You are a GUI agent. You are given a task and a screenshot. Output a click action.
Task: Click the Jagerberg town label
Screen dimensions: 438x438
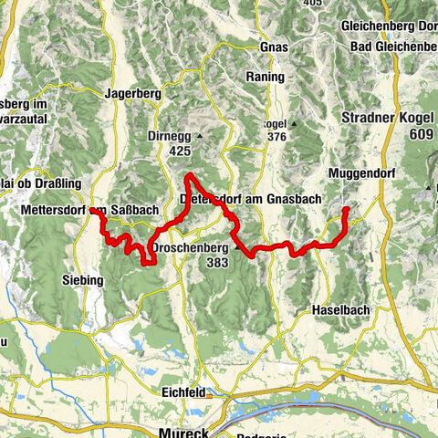(x=133, y=92)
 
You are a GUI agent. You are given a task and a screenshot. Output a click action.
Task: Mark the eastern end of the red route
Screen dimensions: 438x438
(x=346, y=210)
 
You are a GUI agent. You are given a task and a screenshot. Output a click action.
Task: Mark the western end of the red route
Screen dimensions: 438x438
(x=92, y=212)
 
